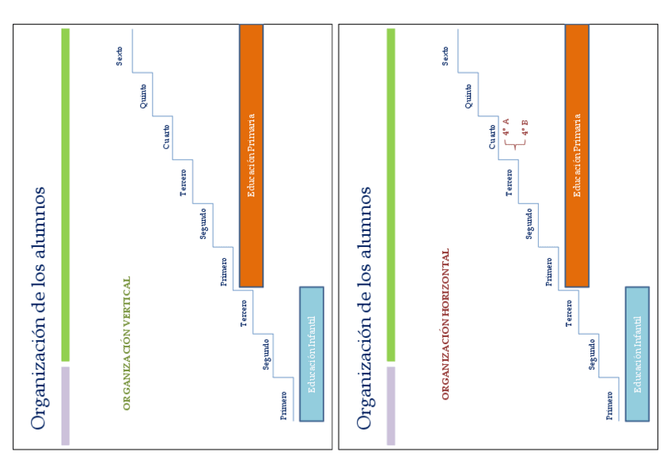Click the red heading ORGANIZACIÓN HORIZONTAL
(x=445, y=324)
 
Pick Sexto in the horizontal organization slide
(x=445, y=55)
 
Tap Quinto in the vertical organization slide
(x=143, y=96)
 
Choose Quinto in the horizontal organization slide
(x=469, y=96)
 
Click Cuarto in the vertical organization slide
(x=166, y=136)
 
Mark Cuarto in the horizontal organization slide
(x=492, y=136)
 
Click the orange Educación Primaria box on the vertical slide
(x=251, y=155)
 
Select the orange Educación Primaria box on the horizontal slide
(x=577, y=155)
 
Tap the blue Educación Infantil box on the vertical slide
(x=312, y=353)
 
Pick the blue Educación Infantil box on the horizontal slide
(x=638, y=353)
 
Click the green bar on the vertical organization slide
(x=66, y=194)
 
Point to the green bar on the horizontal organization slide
(x=391, y=194)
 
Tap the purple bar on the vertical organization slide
(x=66, y=405)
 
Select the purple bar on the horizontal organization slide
(x=391, y=405)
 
